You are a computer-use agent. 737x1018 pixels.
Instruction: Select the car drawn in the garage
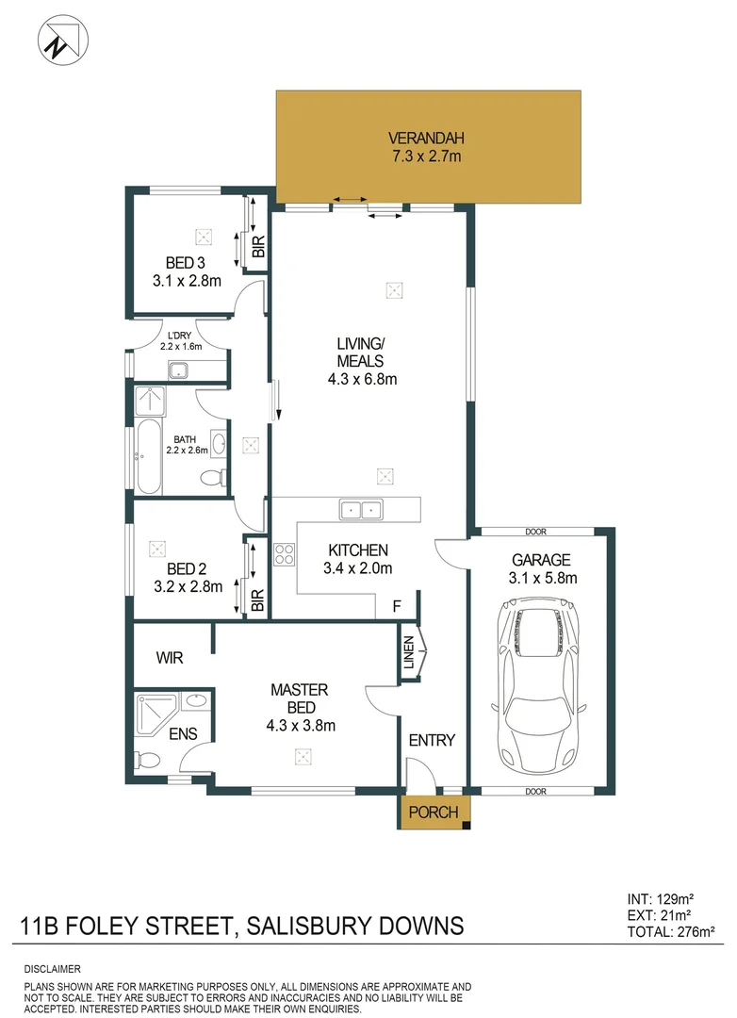pos(541,685)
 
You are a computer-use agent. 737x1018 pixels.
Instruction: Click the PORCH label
pos(434,812)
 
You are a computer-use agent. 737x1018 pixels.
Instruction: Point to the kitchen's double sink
pos(361,510)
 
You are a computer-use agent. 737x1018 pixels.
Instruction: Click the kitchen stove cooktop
pos(283,554)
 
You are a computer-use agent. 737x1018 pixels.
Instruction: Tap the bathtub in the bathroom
pos(149,459)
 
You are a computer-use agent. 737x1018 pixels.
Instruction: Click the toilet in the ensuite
pos(149,759)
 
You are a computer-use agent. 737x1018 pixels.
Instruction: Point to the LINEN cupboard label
pos(409,652)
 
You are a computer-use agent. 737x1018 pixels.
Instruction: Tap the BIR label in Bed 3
pos(257,247)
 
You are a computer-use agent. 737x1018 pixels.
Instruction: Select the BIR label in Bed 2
pos(257,599)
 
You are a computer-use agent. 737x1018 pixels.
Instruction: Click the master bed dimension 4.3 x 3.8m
pos(302,725)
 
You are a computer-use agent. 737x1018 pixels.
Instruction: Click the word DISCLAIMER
pos(52,969)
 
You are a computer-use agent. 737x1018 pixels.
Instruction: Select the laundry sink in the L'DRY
pos(180,370)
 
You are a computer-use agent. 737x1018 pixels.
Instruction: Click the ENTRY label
pos(432,740)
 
